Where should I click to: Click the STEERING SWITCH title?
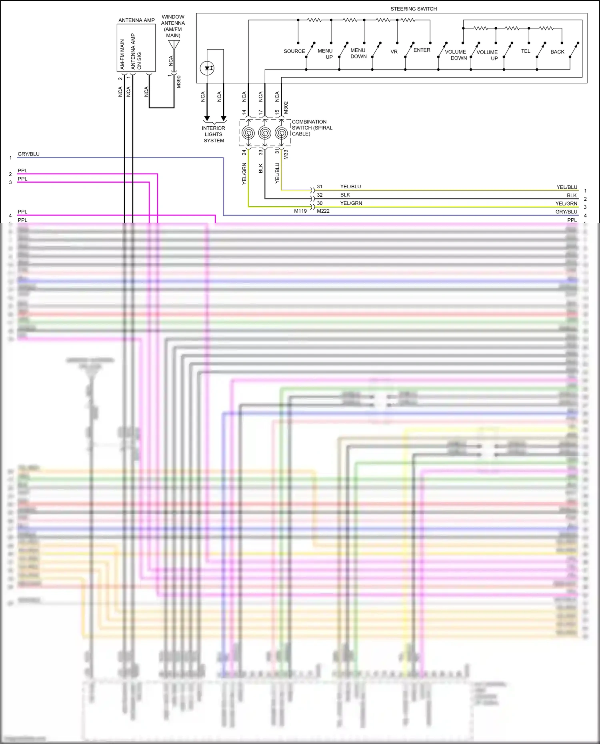[x=413, y=9]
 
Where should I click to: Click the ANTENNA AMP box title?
[x=136, y=20]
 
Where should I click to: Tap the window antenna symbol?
[x=174, y=44]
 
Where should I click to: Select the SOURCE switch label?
[x=294, y=51]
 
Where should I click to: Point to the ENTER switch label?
[x=422, y=50]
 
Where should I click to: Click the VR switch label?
[x=394, y=52]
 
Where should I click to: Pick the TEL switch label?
[x=525, y=51]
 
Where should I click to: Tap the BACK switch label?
[x=557, y=52]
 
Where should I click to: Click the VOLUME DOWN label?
[x=456, y=55]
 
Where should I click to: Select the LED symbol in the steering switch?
[x=207, y=68]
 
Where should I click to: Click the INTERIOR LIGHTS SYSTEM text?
[x=214, y=134]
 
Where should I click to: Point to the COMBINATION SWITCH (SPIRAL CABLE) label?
[x=312, y=128]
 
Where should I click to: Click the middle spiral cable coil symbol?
[x=264, y=133]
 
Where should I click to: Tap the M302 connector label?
[x=286, y=108]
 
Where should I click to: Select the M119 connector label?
[x=300, y=211]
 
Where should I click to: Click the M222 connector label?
[x=323, y=211]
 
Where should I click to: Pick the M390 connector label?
[x=179, y=82]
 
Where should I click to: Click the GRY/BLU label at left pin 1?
[x=28, y=154]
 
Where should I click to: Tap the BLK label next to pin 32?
[x=345, y=195]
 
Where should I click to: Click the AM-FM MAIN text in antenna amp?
[x=122, y=54]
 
